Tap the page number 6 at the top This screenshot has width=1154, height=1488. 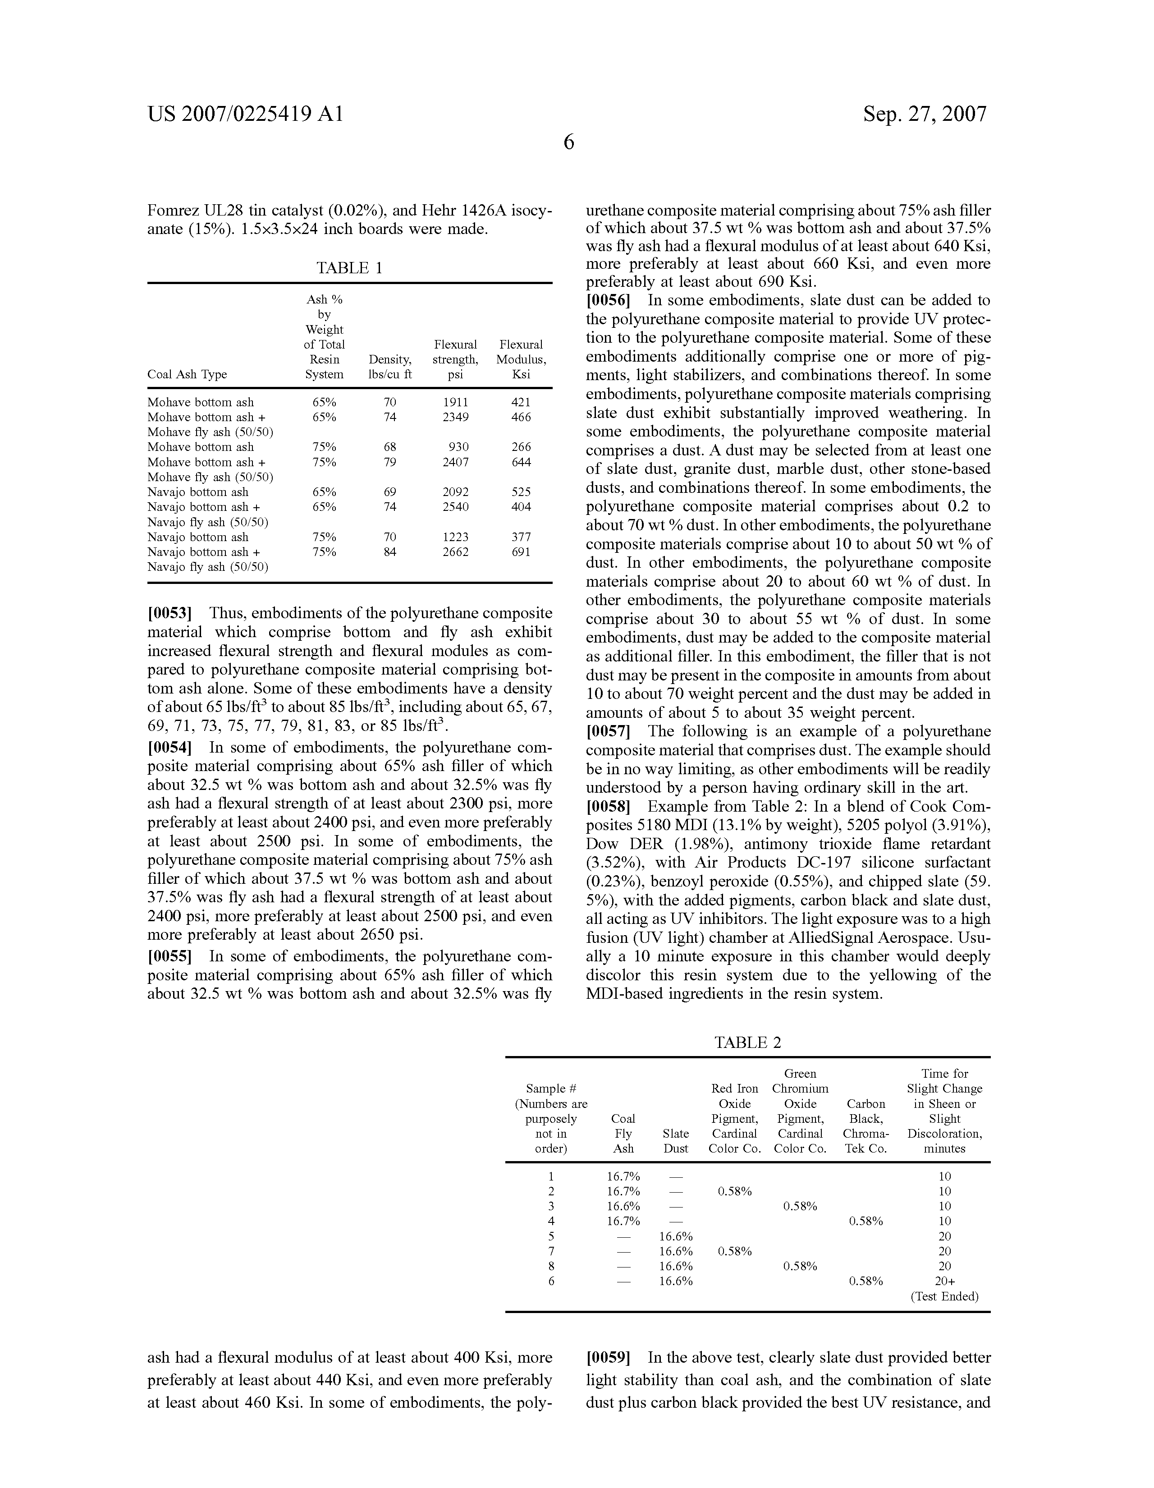(x=569, y=143)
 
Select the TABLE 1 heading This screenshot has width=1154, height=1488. (x=349, y=268)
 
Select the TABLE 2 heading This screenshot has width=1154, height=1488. (x=747, y=1043)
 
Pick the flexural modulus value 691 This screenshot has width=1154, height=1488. (x=521, y=552)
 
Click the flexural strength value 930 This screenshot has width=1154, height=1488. (x=458, y=447)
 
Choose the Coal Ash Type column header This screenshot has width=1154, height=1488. (x=188, y=374)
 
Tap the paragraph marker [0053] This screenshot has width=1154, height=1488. (x=169, y=613)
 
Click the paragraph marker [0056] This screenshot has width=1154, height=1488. (x=609, y=300)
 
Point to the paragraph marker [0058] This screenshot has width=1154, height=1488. (x=609, y=807)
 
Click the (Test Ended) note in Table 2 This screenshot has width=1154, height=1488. (x=944, y=1296)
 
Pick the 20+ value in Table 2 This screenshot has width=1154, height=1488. (x=944, y=1281)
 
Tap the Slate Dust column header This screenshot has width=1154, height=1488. (x=676, y=1140)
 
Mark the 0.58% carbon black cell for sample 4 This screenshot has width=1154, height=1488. (x=866, y=1221)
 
